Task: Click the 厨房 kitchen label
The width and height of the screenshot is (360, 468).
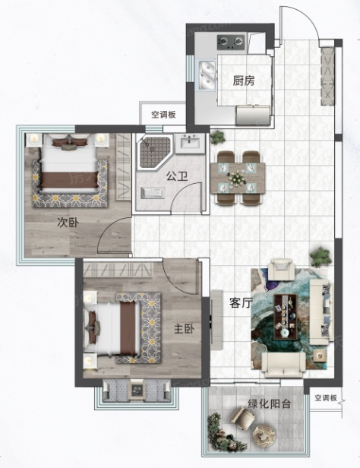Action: [244, 81]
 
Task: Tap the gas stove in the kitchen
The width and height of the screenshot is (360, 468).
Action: [231, 43]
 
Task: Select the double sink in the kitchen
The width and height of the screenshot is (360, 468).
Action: [207, 75]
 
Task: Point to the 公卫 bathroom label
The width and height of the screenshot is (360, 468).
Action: [177, 176]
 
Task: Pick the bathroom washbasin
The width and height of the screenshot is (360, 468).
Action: [190, 142]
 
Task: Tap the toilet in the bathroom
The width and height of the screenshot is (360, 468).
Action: [153, 193]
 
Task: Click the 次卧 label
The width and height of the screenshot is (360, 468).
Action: [68, 223]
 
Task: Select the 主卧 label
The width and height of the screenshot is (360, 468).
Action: [184, 329]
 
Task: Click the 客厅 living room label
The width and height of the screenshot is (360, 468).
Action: [239, 303]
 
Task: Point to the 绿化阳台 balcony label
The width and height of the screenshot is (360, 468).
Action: [270, 404]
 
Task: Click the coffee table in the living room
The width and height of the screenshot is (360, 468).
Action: [286, 317]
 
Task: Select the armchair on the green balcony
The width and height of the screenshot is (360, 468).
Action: [242, 418]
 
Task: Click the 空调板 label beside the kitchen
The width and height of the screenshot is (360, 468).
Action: [163, 115]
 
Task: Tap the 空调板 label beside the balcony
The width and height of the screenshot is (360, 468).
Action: [326, 398]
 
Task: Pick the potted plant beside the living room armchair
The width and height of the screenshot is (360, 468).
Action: [321, 256]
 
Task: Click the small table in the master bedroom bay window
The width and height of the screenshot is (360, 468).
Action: [137, 390]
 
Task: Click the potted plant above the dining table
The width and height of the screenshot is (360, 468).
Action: [217, 138]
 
